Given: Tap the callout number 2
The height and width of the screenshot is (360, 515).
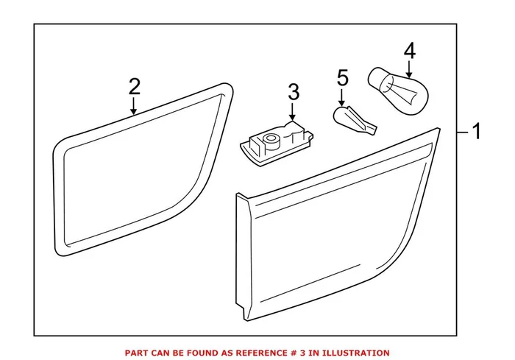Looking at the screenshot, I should tap(133, 87).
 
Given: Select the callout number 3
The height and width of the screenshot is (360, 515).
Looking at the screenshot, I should tap(293, 93).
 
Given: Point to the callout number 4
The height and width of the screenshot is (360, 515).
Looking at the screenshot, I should tap(410, 51).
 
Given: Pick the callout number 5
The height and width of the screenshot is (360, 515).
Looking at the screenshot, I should tap(341, 77).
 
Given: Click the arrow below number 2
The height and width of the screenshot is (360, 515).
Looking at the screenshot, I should tap(133, 107).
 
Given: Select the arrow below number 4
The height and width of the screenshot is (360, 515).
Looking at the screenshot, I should tap(410, 69).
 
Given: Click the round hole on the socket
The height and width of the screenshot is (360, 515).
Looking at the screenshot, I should tap(271, 138).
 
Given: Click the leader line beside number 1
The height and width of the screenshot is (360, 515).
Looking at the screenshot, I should tap(462, 133).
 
